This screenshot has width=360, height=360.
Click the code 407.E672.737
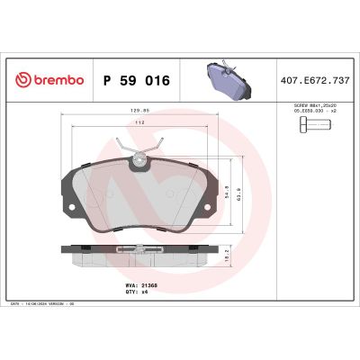(315, 80)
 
